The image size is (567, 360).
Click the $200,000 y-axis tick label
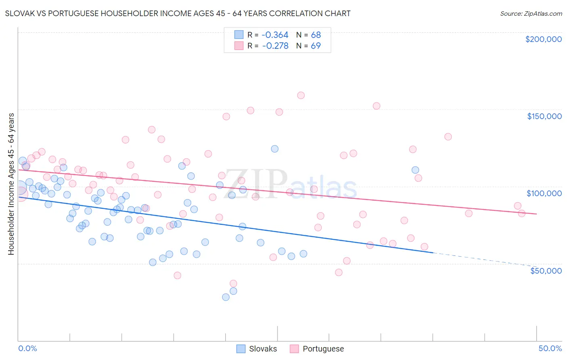[x=543, y=39]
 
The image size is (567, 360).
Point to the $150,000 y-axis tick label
[x=544, y=116]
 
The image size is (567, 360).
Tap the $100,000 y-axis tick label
[x=544, y=193]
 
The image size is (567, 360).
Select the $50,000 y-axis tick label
[x=546, y=270]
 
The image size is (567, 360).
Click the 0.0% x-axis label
[x=27, y=348]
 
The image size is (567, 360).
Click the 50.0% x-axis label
[x=550, y=348]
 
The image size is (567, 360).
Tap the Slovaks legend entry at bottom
[x=257, y=349]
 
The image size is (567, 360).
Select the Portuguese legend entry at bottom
[x=317, y=349]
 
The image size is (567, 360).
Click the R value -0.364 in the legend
[x=275, y=35]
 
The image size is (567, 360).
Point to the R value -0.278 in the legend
[x=275, y=46]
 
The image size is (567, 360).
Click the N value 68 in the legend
[x=316, y=35]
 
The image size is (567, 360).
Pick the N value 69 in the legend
[x=316, y=46]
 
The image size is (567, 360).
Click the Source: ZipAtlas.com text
[x=531, y=14]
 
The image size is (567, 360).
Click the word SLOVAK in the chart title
[x=19, y=13]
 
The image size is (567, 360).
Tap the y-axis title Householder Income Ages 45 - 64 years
[x=11, y=184]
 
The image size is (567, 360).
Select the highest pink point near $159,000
[x=301, y=96]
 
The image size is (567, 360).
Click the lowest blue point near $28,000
[x=226, y=297]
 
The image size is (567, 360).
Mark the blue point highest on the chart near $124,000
[x=275, y=149]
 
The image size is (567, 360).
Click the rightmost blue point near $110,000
[x=415, y=170]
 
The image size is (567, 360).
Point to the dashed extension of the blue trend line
[x=484, y=259]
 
